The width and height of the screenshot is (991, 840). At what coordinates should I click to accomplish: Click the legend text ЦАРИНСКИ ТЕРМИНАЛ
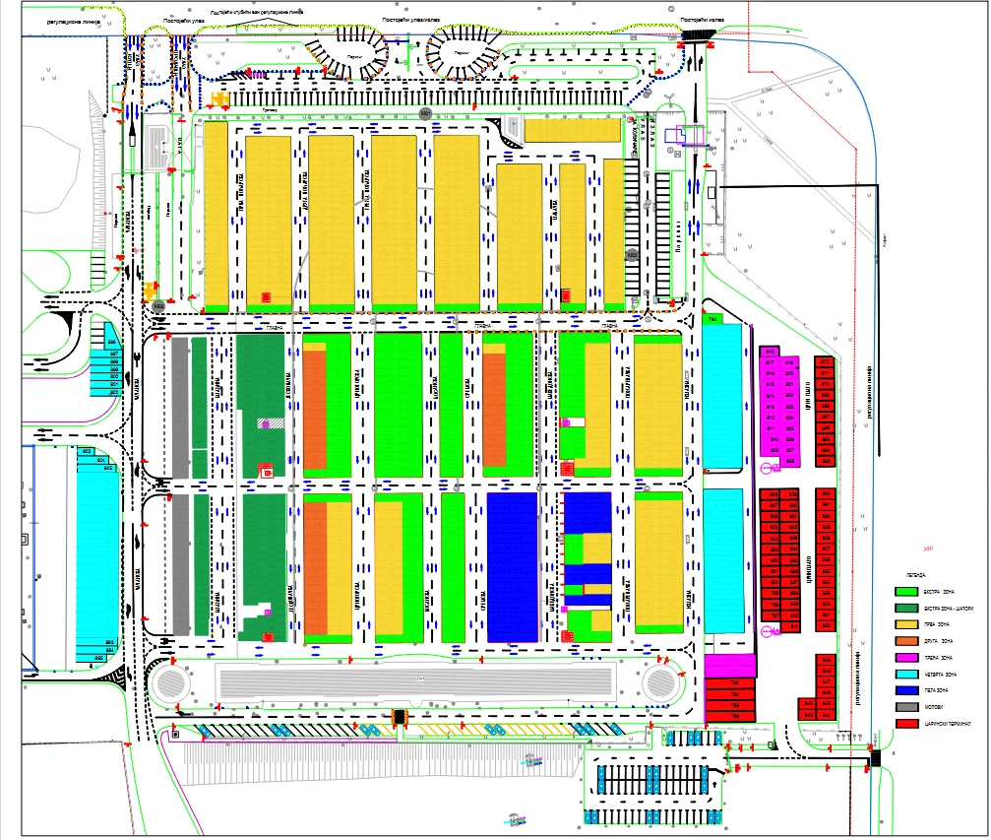tap(947, 723)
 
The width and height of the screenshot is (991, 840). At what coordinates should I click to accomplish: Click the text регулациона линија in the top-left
tap(59, 18)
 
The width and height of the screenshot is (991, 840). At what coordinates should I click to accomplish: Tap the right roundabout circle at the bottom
tap(664, 682)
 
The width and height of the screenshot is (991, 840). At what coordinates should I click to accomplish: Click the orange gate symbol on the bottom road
tap(400, 717)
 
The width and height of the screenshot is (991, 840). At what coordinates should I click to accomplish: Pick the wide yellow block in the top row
tap(572, 130)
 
